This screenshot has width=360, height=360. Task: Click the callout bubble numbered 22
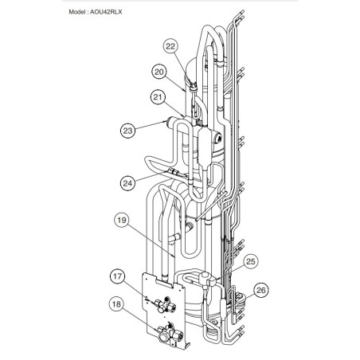pos(170,46)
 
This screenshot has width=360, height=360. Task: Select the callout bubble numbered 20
pos(159,72)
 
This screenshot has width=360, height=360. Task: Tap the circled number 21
pos(158,97)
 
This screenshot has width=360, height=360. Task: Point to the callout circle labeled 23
pos(127,131)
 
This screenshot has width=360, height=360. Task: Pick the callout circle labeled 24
pos(127,183)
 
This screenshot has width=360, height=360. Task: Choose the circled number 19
pos(122,220)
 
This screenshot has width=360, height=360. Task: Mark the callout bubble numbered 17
pos(117,276)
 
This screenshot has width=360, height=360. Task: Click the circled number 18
pos(116,304)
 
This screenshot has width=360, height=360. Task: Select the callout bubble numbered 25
pos(251,261)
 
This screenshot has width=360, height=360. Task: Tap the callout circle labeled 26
pos(260,290)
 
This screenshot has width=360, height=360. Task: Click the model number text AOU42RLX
pos(106,12)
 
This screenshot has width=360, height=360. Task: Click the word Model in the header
pos(76,12)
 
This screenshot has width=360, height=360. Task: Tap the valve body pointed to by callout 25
pos(208,280)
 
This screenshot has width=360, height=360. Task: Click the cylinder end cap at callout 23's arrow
pos(169,123)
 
